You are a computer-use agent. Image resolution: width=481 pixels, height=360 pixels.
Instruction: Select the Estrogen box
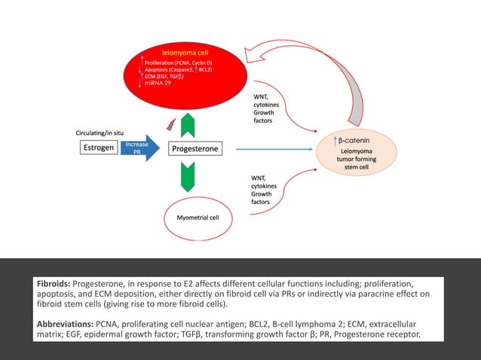[98, 148]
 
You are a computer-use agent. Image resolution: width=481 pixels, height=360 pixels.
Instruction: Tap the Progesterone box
[195, 149]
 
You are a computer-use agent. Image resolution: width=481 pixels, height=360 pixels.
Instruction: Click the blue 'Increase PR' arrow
[139, 148]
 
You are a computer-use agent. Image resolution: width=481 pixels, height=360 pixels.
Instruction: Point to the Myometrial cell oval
[198, 217]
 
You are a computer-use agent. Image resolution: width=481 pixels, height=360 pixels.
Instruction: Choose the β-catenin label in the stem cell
[355, 141]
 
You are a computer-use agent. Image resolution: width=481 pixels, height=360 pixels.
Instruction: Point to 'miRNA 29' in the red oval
[158, 84]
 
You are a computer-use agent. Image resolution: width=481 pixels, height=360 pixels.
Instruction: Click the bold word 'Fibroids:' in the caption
[54, 284]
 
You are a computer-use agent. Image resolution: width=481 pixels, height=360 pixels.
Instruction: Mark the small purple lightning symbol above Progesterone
[171, 124]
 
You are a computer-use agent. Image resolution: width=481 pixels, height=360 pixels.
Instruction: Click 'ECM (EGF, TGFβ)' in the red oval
[167, 76]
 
